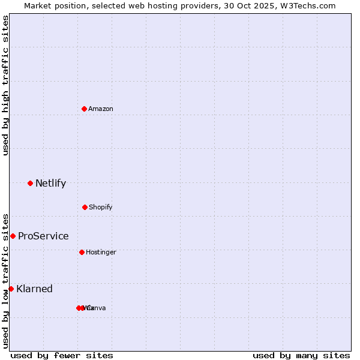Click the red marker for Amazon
click(84, 109)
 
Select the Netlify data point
click(30, 183)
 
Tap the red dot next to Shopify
click(85, 207)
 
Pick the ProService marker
click(13, 236)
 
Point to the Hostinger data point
click(82, 252)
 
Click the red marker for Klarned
click(11, 289)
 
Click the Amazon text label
click(100, 109)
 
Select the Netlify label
click(50, 183)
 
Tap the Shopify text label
click(100, 207)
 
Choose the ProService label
click(43, 236)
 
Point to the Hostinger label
click(101, 252)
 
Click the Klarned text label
click(34, 289)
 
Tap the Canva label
click(96, 308)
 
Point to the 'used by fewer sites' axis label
click(62, 355)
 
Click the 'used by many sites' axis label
click(301, 355)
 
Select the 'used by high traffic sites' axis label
click(5, 85)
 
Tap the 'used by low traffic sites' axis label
click(5, 280)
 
